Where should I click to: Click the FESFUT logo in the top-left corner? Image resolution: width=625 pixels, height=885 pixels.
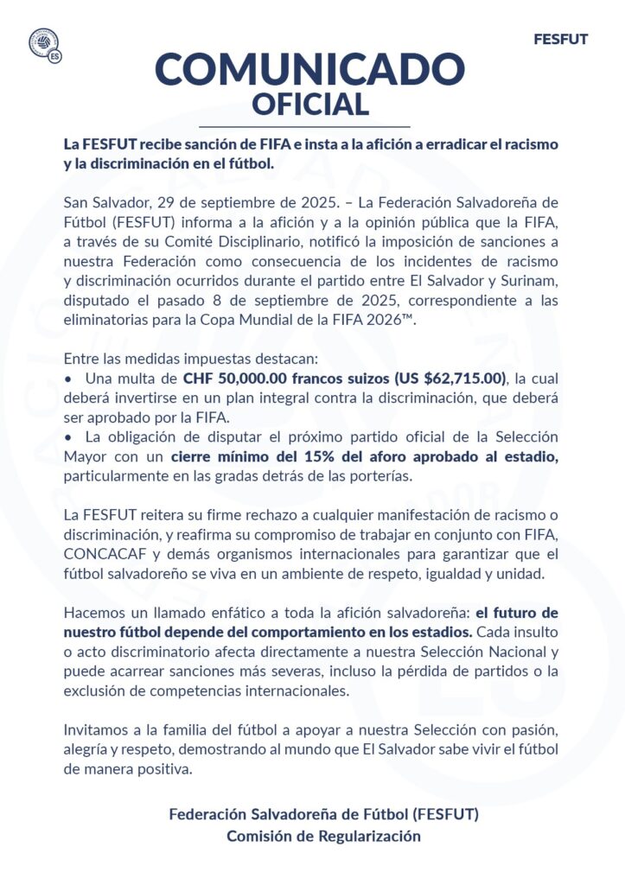point(44,45)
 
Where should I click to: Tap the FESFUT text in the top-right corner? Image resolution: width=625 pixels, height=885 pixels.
point(560,40)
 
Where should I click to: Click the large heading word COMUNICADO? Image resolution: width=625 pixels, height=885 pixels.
point(310,68)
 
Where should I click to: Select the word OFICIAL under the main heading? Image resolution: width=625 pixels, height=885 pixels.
point(310,105)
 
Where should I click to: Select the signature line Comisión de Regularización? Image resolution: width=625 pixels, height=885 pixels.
point(323,836)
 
